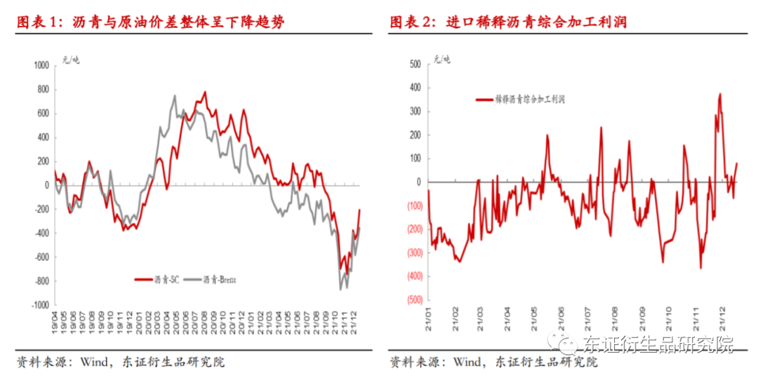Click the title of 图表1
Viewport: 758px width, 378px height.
pos(151,22)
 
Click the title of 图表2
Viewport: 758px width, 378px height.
pos(508,22)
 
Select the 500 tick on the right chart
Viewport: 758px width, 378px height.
pos(414,65)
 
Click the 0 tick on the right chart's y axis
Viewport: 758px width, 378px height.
pos(418,182)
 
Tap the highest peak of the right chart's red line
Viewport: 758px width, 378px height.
pos(720,93)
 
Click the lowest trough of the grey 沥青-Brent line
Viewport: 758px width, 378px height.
pos(340,289)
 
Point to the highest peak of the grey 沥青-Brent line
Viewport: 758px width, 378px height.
pos(175,95)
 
